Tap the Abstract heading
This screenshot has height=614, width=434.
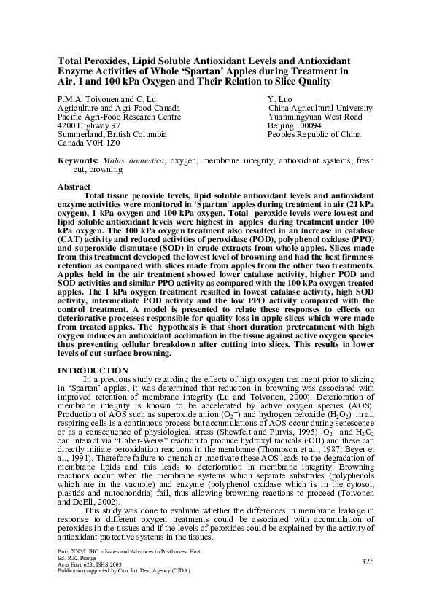tap(74, 187)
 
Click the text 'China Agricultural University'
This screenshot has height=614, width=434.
tap(320, 106)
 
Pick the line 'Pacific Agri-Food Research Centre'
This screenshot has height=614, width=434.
tap(119, 116)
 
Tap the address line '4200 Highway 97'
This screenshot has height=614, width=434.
tap(89, 125)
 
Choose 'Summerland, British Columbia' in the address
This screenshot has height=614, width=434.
tap(112, 135)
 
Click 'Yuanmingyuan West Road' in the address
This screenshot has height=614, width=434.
tap(315, 116)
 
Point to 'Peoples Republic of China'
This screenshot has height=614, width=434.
tap(314, 135)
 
